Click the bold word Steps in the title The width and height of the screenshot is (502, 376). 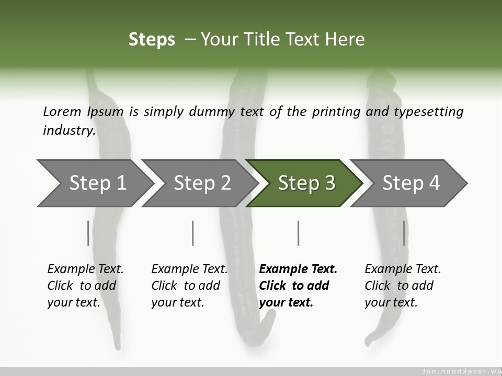pyautogui.click(x=152, y=40)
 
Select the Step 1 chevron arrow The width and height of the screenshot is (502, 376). pyautogui.click(x=94, y=183)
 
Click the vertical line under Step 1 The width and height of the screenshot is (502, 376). pyautogui.click(x=88, y=233)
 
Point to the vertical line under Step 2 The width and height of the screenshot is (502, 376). pyautogui.click(x=193, y=233)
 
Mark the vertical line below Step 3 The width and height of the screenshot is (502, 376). pyautogui.click(x=299, y=233)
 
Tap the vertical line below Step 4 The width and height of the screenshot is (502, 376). pyautogui.click(x=404, y=233)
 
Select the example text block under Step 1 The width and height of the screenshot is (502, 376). pyautogui.click(x=85, y=286)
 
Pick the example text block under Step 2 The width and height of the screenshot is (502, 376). pyautogui.click(x=189, y=286)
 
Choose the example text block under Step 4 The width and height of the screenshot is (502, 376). pyautogui.click(x=403, y=286)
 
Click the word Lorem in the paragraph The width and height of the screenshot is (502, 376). pyautogui.click(x=62, y=111)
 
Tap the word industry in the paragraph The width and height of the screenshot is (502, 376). pyautogui.click(x=69, y=130)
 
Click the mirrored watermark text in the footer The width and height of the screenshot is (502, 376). pyautogui.click(x=460, y=371)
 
